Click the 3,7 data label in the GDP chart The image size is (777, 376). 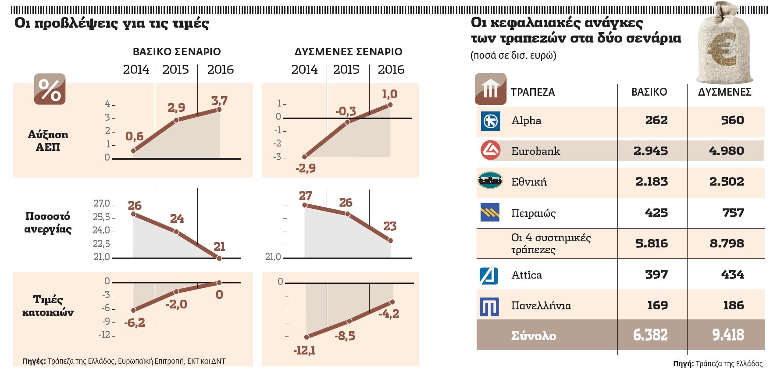tap(219, 100)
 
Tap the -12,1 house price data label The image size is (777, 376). tap(304, 351)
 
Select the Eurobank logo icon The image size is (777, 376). tap(490, 150)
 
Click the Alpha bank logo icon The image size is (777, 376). tap(490, 121)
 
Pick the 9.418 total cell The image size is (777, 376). tap(728, 335)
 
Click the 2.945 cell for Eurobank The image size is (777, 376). tap(651, 151)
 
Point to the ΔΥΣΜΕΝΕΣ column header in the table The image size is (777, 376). tap(724, 92)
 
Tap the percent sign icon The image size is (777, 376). tap(50, 90)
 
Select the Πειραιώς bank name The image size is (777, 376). tap(533, 213)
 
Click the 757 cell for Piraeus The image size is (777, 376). tap(733, 213)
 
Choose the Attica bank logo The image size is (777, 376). tap(489, 276)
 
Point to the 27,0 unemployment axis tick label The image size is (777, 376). tap(102, 204)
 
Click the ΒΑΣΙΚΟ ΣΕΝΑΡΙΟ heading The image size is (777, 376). tap(177, 52)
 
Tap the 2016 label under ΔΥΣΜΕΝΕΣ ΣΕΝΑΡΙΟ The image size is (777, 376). tap(391, 70)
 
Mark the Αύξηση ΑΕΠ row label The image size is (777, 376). tap(48, 141)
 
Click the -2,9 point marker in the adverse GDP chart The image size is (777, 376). tap(305, 157)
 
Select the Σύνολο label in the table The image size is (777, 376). tap(533, 336)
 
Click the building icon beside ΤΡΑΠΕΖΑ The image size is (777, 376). tap(490, 89)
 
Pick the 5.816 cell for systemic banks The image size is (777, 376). tap(652, 244)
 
